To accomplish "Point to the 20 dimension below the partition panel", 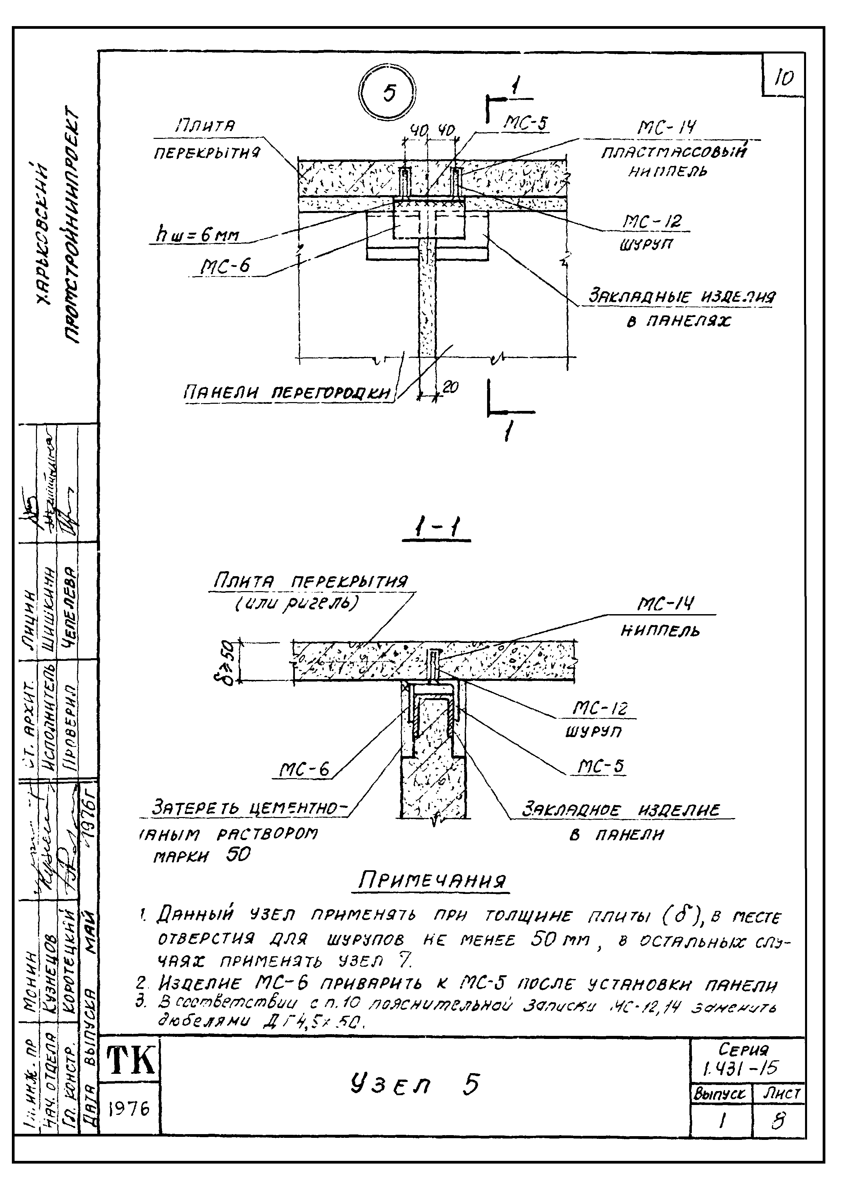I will coord(450,387).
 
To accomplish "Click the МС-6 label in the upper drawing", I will coord(226,266).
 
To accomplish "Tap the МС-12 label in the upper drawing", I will coord(652,222).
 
